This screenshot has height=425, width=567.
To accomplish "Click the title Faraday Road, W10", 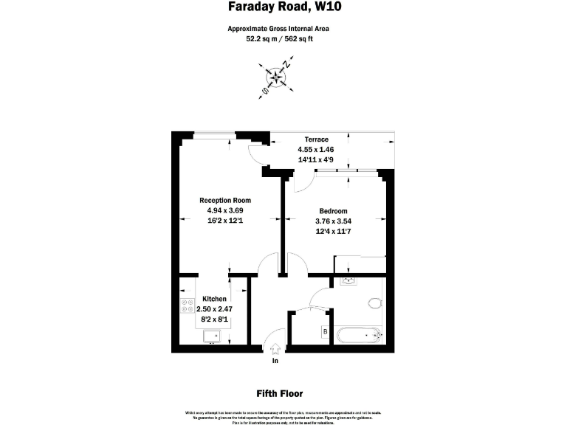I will tap(279, 8).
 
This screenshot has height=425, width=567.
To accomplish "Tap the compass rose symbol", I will tap(276, 76).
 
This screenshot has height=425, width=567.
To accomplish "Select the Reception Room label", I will tap(225, 201).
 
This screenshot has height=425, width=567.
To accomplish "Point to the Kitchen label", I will tap(214, 299).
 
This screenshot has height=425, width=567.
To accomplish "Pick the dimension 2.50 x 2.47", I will tap(214, 310).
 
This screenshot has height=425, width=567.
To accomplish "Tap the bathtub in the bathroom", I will tap(358, 336).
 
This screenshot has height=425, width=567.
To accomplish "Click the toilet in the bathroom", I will tap(375, 303).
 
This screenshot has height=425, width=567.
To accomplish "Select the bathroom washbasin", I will tap(348, 281).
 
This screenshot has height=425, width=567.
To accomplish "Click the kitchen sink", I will tap(212, 336).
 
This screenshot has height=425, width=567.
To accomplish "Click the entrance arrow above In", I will tap(275, 348).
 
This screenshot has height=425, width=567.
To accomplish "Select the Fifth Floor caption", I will tap(279, 394).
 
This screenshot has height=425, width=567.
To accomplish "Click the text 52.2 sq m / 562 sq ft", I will tap(278, 40).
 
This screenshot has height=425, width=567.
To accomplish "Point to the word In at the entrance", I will tap(275, 362).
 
